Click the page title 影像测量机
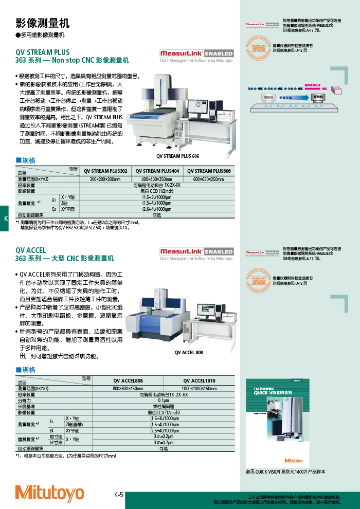(42, 23)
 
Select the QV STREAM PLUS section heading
(42, 52)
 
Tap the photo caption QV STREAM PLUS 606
(177, 156)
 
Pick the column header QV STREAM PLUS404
(157, 171)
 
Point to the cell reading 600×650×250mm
(208, 179)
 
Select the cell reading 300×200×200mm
(105, 179)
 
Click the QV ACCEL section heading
(31, 250)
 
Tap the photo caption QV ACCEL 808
(189, 352)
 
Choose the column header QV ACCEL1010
(199, 380)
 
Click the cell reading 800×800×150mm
(128, 388)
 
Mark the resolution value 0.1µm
(164, 400)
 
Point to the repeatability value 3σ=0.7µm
(164, 442)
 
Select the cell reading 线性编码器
(164, 406)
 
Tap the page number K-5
(118, 495)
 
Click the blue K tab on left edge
(5, 219)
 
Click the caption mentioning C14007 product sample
(285, 471)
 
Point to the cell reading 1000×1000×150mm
(199, 388)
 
